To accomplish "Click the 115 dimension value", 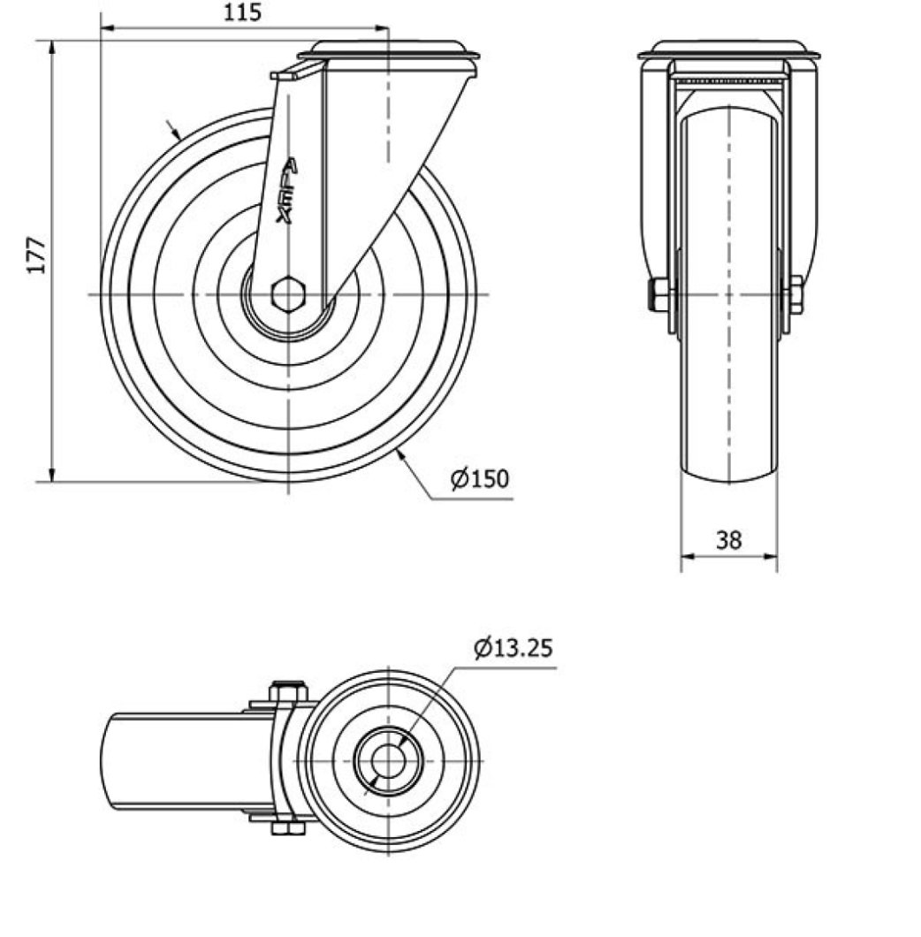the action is click(243, 12).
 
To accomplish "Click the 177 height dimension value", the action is click(37, 255).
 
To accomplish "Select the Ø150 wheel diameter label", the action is click(480, 478).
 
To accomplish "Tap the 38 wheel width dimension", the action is click(728, 539).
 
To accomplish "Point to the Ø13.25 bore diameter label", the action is click(514, 647).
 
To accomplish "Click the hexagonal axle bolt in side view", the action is click(288, 294).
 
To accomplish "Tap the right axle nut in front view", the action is click(796, 294).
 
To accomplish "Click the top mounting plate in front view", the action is click(728, 50).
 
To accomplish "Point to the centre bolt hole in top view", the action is click(389, 761).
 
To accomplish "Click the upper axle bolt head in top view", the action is click(288, 691).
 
